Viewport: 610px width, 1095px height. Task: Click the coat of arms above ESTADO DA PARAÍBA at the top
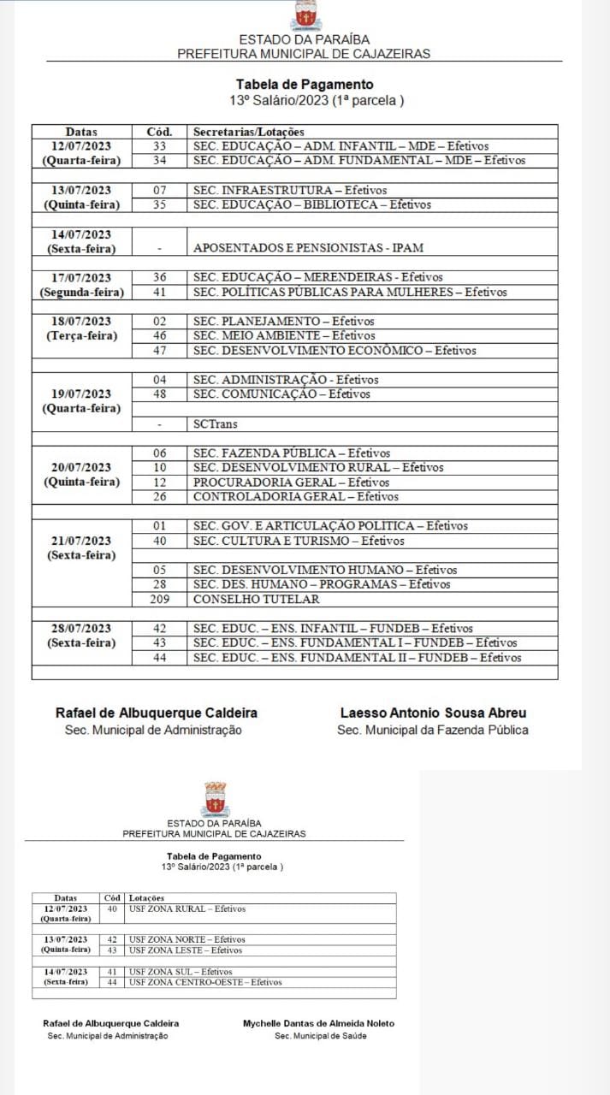(x=305, y=15)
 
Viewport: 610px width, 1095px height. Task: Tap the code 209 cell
(x=159, y=600)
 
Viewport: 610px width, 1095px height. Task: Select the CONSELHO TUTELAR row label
(x=256, y=600)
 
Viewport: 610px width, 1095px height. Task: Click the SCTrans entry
(x=216, y=424)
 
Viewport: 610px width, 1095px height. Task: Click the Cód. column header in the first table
(x=159, y=132)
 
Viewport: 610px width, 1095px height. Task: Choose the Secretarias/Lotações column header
(x=249, y=132)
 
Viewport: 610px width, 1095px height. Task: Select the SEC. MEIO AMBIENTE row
(x=272, y=335)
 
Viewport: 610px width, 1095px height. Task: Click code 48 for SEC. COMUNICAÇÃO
(x=159, y=394)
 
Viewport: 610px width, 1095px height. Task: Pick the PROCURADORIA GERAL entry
(x=279, y=482)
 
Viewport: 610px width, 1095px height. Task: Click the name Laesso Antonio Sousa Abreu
(x=433, y=713)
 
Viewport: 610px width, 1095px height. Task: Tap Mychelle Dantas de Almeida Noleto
(x=319, y=1023)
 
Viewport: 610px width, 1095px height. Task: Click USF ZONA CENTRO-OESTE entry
(x=204, y=982)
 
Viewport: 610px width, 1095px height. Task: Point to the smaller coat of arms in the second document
(x=215, y=799)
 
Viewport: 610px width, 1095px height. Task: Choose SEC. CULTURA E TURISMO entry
(x=287, y=541)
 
